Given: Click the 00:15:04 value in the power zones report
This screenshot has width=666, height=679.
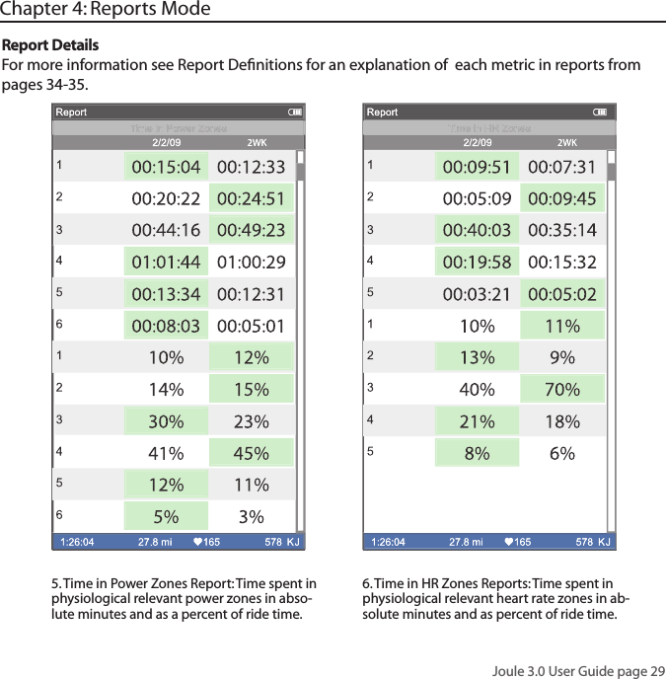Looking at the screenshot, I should (166, 167).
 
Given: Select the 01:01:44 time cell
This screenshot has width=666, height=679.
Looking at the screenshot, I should (166, 263).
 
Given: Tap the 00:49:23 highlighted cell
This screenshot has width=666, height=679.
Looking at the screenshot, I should (251, 231).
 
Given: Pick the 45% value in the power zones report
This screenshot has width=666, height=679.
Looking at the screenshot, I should (251, 454).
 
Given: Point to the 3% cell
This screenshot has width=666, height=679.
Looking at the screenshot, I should (251, 517).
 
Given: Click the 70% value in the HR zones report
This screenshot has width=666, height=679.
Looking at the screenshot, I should (561, 390).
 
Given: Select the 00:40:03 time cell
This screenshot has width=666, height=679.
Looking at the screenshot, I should (477, 231).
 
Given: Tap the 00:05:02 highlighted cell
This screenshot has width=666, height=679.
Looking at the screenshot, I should (561, 295).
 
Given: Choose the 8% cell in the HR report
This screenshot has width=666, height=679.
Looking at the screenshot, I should (477, 454).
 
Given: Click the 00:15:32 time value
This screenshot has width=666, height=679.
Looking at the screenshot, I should (561, 263).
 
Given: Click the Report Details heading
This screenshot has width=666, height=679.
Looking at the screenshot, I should (50, 46).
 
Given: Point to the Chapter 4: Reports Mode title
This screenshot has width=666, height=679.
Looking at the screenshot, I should (106, 10).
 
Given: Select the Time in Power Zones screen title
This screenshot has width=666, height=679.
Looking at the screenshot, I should (179, 128).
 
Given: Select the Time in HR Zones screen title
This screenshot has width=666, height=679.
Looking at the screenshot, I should (489, 128).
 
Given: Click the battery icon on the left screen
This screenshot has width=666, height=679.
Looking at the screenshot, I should (295, 113).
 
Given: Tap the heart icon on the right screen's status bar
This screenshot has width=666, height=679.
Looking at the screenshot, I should (508, 542).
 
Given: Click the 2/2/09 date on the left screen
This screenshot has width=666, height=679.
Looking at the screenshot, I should (165, 142).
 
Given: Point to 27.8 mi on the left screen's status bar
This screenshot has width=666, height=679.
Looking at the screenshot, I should (155, 542).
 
